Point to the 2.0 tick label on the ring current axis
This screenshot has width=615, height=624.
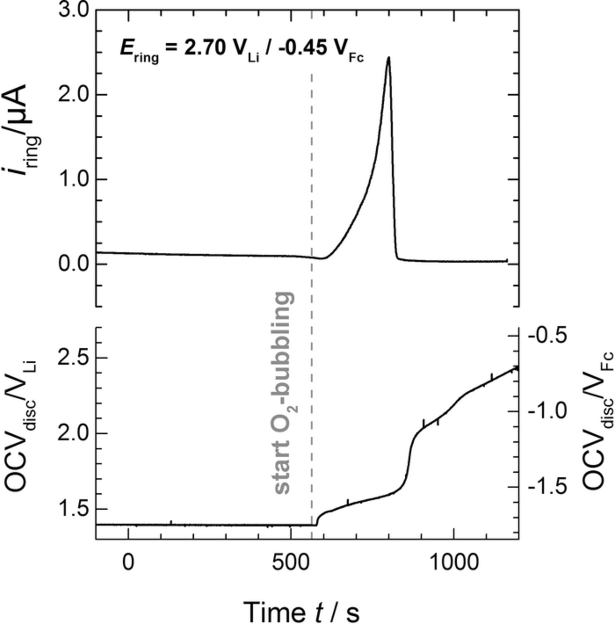[x=73, y=94]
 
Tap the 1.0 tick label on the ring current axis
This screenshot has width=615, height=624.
[x=73, y=180]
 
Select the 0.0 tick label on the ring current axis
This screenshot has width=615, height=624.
[x=73, y=264]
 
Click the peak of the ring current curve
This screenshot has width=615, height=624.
[x=389, y=58]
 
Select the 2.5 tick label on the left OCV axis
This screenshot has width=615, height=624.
[x=73, y=357]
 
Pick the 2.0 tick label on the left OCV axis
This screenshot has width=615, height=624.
[x=73, y=433]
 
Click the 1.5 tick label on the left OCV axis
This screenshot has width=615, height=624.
[x=73, y=509]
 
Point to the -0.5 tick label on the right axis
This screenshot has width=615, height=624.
[x=547, y=336]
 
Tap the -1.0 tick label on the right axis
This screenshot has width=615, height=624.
[x=547, y=411]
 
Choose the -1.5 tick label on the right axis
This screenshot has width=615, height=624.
[x=547, y=487]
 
